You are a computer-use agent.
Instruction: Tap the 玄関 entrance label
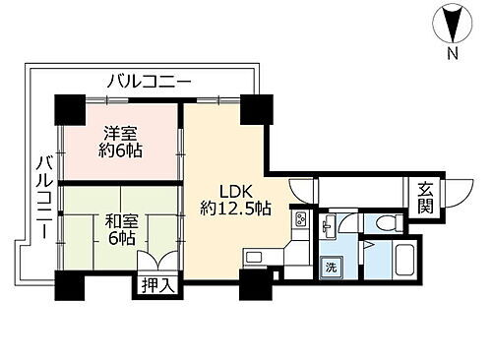tap(424, 198)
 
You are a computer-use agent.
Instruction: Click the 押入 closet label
tap(152, 287)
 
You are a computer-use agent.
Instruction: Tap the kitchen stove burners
tap(299, 221)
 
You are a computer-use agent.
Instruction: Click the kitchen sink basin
tap(254, 258)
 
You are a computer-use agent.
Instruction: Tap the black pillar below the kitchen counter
tap(254, 286)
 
